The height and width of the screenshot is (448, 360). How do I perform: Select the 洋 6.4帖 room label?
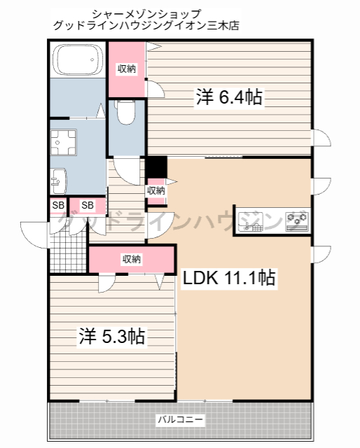point(228,98)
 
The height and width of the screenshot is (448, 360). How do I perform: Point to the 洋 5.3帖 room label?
point(111,337)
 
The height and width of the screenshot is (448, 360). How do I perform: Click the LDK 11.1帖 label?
point(228,278)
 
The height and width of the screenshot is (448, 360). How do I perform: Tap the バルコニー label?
point(180,420)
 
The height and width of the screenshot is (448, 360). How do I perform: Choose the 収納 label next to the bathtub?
point(127,68)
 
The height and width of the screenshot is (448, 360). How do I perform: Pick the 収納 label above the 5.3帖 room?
point(132,259)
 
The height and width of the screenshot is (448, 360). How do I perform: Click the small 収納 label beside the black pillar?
point(156,190)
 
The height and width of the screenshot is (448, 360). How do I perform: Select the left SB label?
point(58,204)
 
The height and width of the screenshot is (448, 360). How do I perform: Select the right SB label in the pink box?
point(88,204)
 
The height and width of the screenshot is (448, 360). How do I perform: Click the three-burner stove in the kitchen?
point(297,220)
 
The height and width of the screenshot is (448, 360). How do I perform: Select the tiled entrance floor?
point(67,244)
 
